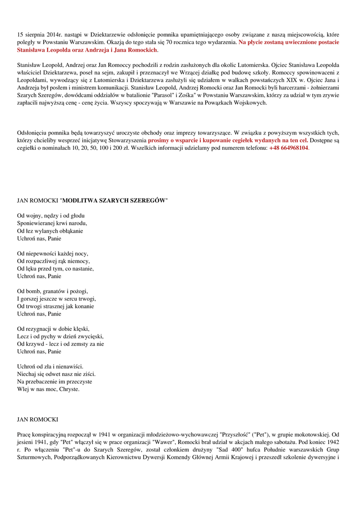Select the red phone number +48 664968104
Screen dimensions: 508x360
coord(288,148)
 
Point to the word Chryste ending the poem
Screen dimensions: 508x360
coord(69,389)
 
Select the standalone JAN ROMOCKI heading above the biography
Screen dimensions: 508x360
coord(38,420)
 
